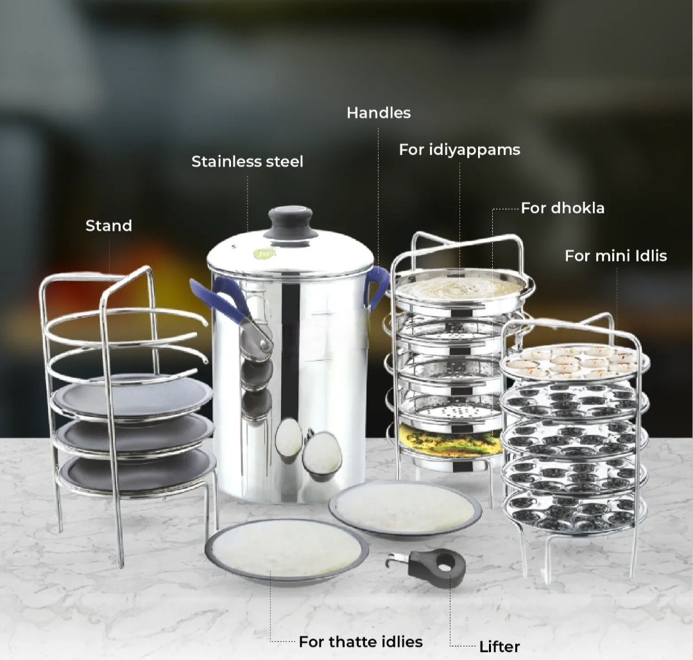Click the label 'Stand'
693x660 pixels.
pos(108,226)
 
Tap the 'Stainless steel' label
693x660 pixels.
pos(247,161)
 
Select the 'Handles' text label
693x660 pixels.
pos(379,113)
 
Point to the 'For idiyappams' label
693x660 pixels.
pos(459,150)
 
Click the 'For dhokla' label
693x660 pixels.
pos(562,208)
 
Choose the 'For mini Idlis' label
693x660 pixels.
pos(615,256)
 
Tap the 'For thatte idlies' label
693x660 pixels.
pos(361,641)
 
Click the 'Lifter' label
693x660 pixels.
pos(499,647)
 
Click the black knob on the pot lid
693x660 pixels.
pos(291,222)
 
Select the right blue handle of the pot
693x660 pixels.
pos(377,286)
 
